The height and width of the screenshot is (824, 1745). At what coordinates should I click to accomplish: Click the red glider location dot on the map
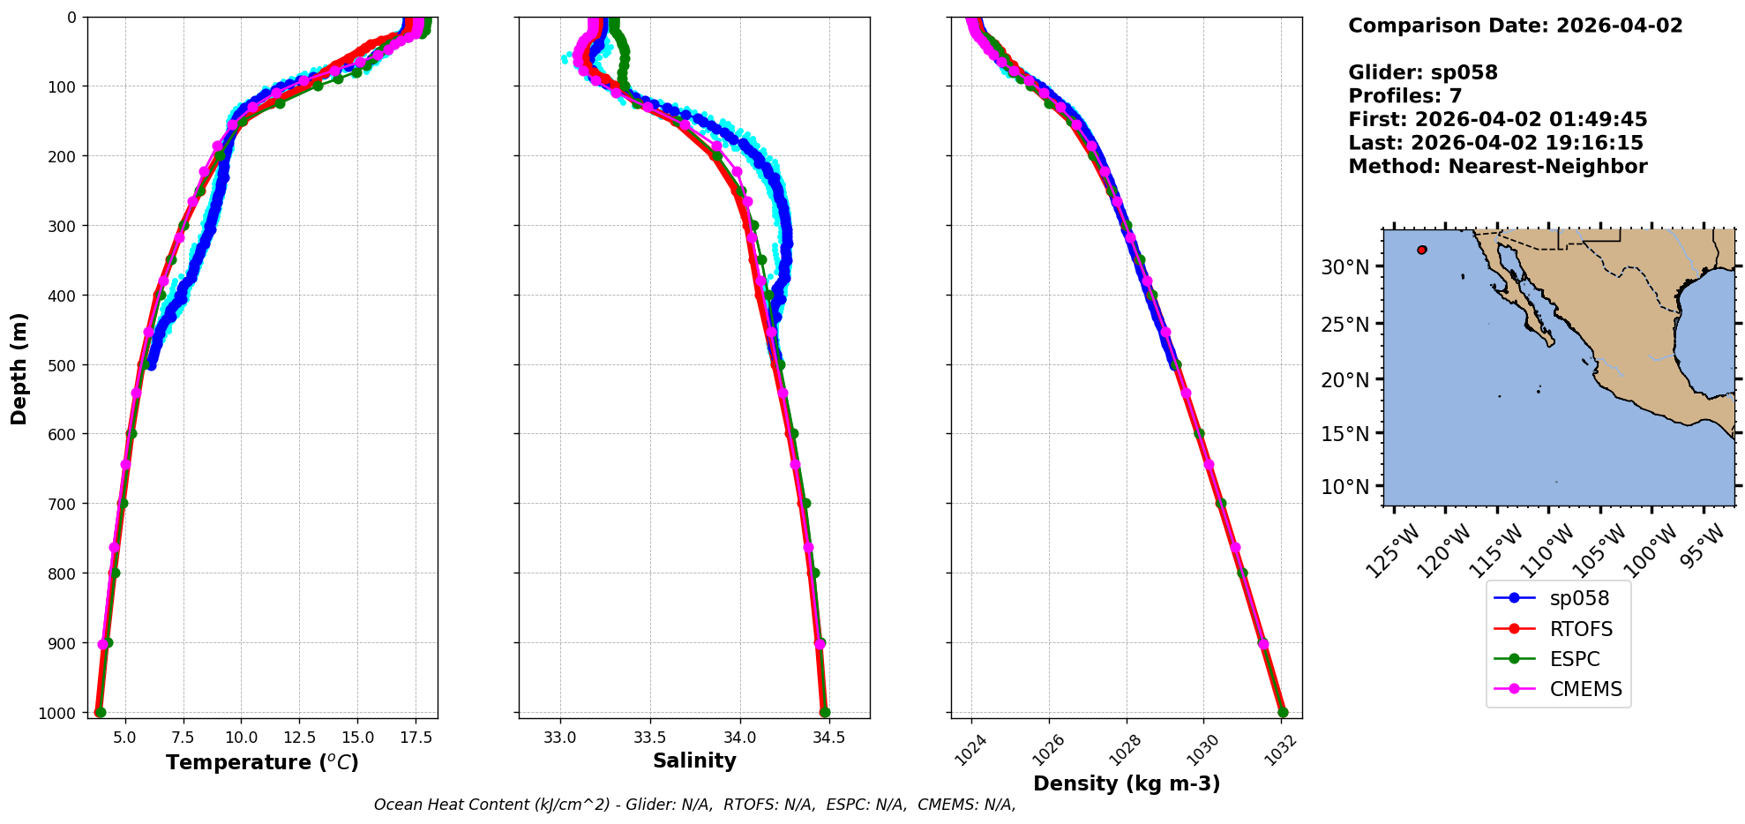(x=1421, y=250)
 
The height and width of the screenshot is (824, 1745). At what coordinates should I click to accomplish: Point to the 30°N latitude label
(x=1344, y=266)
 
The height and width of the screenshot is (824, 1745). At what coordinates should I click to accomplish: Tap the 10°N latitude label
(x=1344, y=487)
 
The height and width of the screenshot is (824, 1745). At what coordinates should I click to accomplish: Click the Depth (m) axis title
(x=19, y=368)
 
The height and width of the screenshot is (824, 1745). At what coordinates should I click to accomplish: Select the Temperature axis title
(x=262, y=762)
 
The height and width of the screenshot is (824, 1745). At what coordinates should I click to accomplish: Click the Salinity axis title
(x=694, y=760)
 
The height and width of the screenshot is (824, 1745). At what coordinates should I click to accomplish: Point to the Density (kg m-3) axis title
(x=1127, y=783)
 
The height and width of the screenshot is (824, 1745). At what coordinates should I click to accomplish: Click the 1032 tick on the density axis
(x=1277, y=750)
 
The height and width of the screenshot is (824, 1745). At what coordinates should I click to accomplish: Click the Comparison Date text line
(x=1515, y=26)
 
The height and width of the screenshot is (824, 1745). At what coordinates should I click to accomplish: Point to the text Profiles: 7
(x=1404, y=96)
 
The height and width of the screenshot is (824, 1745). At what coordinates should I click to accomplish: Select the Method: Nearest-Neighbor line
(x=1497, y=166)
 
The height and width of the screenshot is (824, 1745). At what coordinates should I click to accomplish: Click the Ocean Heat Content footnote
(x=694, y=805)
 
